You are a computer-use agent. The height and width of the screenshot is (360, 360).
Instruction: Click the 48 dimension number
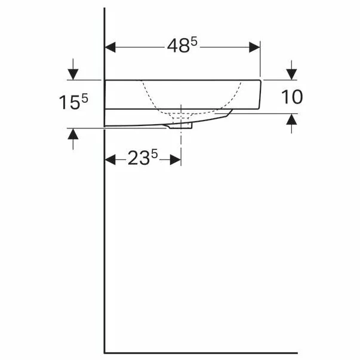179,46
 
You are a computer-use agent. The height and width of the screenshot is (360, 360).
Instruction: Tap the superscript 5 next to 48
194,42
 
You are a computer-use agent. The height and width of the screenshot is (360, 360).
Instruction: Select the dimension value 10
292,97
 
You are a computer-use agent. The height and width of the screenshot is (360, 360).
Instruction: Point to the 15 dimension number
70,103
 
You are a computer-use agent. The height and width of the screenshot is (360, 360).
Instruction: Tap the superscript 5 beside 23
155,154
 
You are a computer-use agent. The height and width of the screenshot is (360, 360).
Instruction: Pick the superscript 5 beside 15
85,99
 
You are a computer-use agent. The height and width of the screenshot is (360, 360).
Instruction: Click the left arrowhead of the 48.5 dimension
110,47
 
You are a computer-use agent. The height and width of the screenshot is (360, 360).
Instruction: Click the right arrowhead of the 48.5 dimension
254,47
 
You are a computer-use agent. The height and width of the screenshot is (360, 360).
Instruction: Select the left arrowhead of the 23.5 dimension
110,159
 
